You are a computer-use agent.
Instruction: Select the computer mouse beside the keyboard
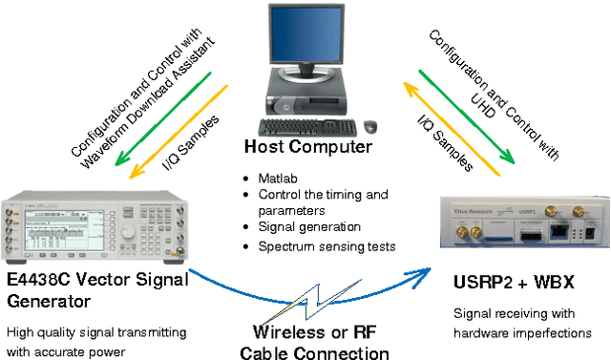(369, 126)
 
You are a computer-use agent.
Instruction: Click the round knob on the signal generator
(128, 233)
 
